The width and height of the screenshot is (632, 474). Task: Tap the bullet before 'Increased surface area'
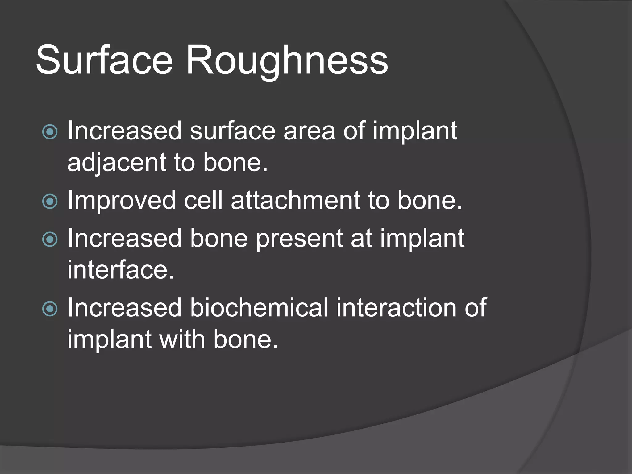[50, 132]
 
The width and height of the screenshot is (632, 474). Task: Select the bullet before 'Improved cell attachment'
[50, 202]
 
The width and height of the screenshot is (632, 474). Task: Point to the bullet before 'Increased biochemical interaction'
[50, 309]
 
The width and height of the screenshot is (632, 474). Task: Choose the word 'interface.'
[121, 270]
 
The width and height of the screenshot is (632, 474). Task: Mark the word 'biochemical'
[259, 308]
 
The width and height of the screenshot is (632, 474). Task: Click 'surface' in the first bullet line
[232, 131]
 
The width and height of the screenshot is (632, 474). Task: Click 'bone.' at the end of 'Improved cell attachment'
[430, 201]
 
